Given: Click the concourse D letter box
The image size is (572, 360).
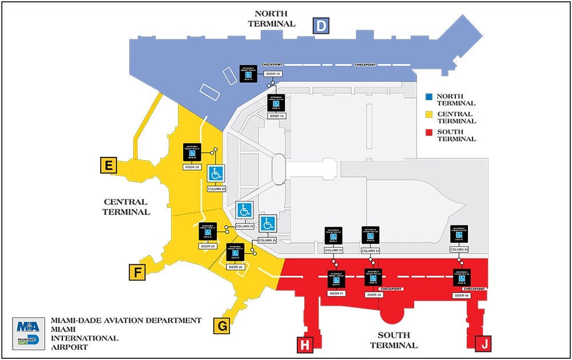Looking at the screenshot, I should pos(321,26).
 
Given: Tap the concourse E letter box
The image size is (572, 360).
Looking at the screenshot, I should pos(108,165).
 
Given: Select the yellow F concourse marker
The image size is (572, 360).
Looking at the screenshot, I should pos(137,273).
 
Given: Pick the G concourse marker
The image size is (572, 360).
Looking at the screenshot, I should pos(221,326).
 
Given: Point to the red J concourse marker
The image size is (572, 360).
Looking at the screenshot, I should pos(483,345).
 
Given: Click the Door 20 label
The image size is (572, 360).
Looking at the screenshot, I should pos(192,167).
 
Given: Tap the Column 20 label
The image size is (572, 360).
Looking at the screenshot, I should pos(216,189).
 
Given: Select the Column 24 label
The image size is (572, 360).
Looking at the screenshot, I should pos(244,227).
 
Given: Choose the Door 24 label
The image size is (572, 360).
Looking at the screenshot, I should pos(208,246).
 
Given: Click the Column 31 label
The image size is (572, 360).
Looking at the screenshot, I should pos(333,251).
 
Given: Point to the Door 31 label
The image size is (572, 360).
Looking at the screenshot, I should pos(336,293).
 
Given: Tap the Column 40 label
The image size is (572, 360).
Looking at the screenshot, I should pos(459,250).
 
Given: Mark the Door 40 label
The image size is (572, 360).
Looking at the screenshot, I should pos(462,295).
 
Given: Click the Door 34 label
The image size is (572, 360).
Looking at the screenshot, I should pos(373,295).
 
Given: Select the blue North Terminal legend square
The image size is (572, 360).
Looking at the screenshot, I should pos(430,97).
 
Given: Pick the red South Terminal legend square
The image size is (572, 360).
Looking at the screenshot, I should pos(430,133).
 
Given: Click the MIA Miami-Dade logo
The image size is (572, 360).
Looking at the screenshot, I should pos(29,334).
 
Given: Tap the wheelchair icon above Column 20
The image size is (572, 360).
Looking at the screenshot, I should pos(216,173).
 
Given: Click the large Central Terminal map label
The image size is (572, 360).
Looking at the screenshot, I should pos(126,207).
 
